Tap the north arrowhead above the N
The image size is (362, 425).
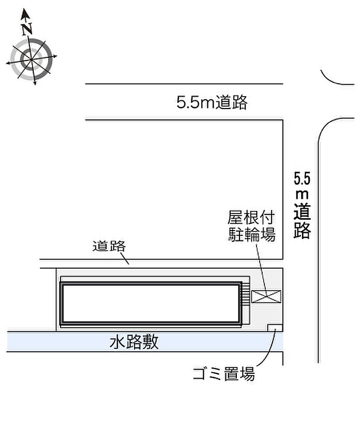[25, 13]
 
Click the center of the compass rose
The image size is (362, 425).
[32, 59]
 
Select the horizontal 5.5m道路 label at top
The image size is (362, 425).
[212, 102]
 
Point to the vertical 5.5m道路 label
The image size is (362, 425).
[302, 205]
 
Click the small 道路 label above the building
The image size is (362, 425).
[109, 246]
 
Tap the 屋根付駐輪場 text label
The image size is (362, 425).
[251, 226]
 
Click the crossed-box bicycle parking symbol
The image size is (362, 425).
[266, 296]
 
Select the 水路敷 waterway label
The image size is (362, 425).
[134, 342]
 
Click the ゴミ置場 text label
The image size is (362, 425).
[224, 374]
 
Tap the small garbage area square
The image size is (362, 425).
[275, 327]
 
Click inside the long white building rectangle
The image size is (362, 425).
[150, 303]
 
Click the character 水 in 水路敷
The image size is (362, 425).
[117, 342]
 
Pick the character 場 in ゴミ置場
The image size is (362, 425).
[247, 374]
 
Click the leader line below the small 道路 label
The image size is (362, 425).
[125, 258]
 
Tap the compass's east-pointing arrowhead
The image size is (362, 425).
[54, 56]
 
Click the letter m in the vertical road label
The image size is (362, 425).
[302, 194]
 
